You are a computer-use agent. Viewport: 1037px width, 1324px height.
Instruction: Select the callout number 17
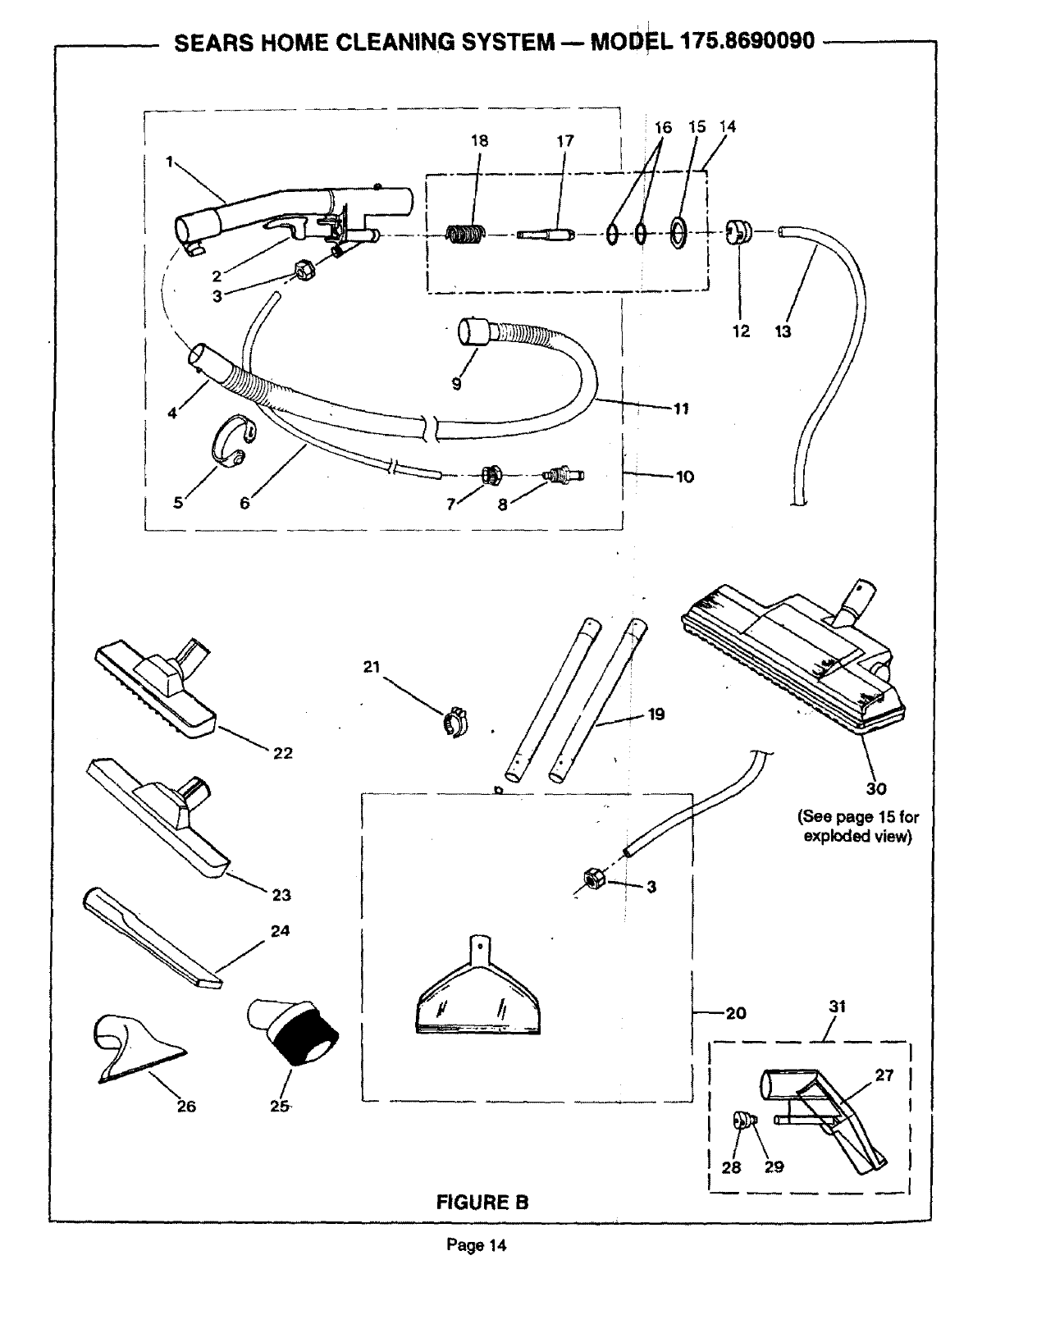coord(565,140)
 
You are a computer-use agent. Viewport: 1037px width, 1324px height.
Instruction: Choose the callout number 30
coord(876,788)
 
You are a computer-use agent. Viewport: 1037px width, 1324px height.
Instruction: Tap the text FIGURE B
coord(482,1203)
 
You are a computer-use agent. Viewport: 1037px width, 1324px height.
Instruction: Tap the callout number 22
coord(282,752)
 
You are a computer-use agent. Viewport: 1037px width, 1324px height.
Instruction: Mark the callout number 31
coord(837,1007)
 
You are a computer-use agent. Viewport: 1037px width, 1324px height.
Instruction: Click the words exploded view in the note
coord(857,837)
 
